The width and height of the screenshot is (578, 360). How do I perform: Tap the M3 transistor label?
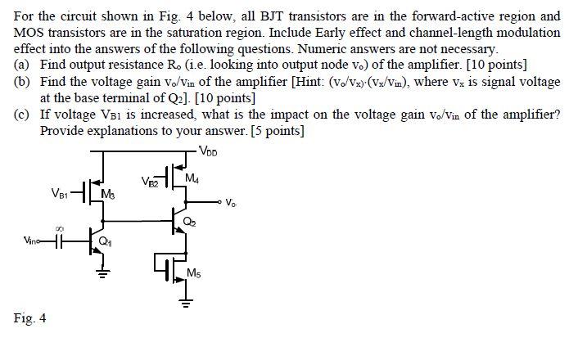click(x=107, y=195)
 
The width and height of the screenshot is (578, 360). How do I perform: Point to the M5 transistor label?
click(x=194, y=272)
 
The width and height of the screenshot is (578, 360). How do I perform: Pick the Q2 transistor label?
click(x=190, y=219)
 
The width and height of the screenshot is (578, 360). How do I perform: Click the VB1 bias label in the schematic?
click(x=60, y=194)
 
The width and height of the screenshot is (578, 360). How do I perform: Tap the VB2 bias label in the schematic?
click(x=150, y=180)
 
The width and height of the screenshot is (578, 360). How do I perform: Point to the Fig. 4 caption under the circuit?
click(x=29, y=317)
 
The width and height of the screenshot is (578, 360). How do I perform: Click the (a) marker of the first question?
click(x=22, y=65)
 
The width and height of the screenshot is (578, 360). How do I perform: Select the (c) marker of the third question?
click(x=22, y=115)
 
